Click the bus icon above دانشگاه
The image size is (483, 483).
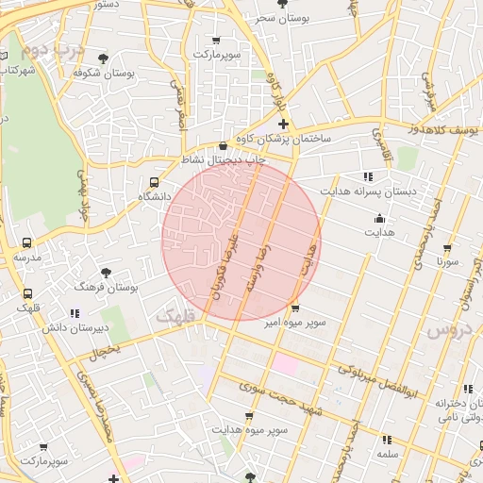(155, 182)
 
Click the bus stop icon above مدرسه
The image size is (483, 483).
(26, 242)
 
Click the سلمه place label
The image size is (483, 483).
(387, 454)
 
